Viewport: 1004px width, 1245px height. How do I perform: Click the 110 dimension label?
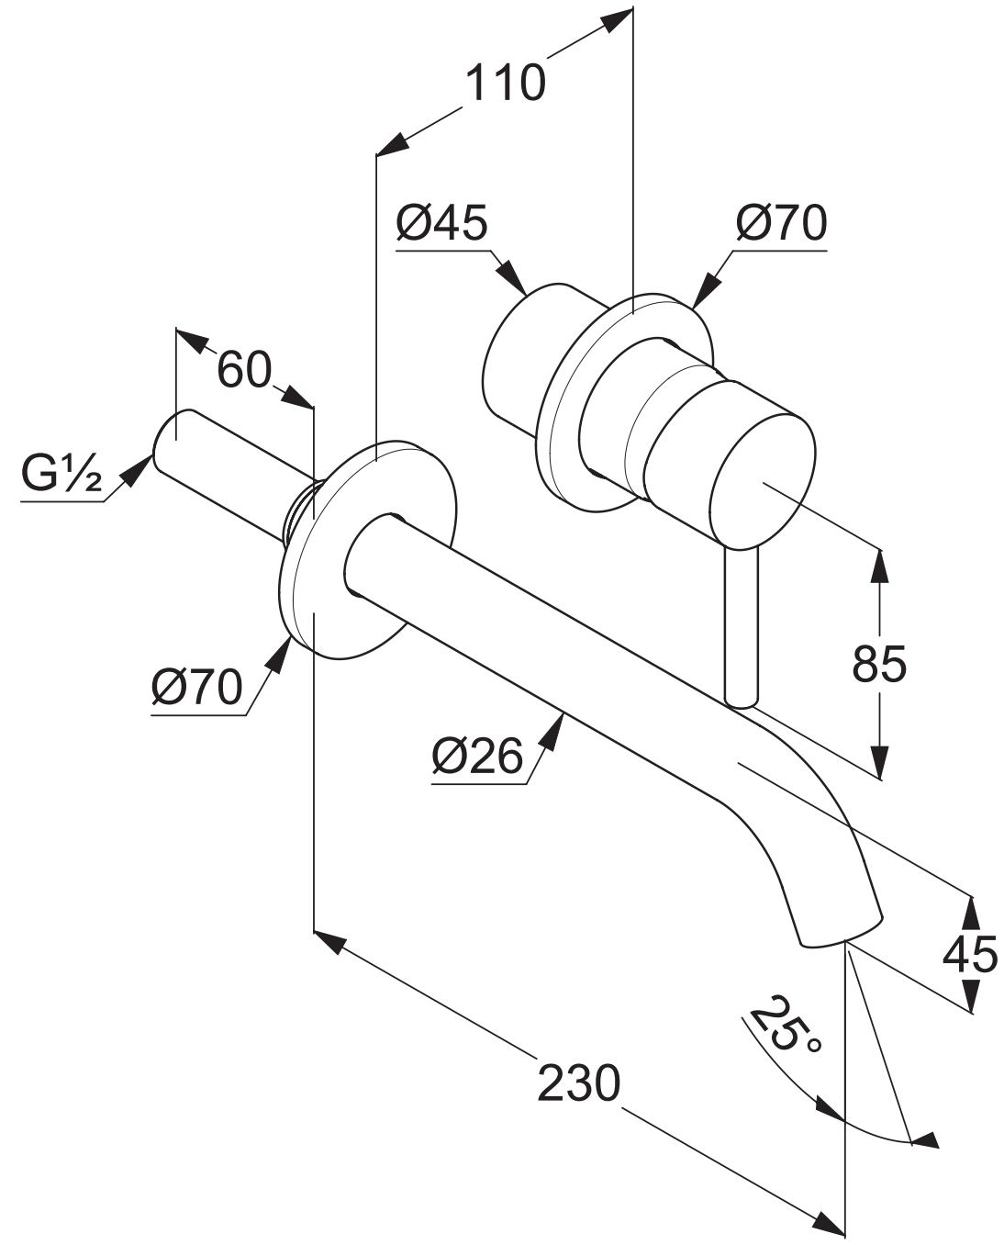tap(505, 84)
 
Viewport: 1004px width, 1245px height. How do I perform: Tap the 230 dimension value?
tap(578, 1082)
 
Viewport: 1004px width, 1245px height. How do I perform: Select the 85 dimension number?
tap(879, 664)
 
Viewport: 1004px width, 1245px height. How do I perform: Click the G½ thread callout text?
tap(61, 472)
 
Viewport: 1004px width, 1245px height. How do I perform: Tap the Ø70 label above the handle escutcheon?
tap(781, 223)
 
